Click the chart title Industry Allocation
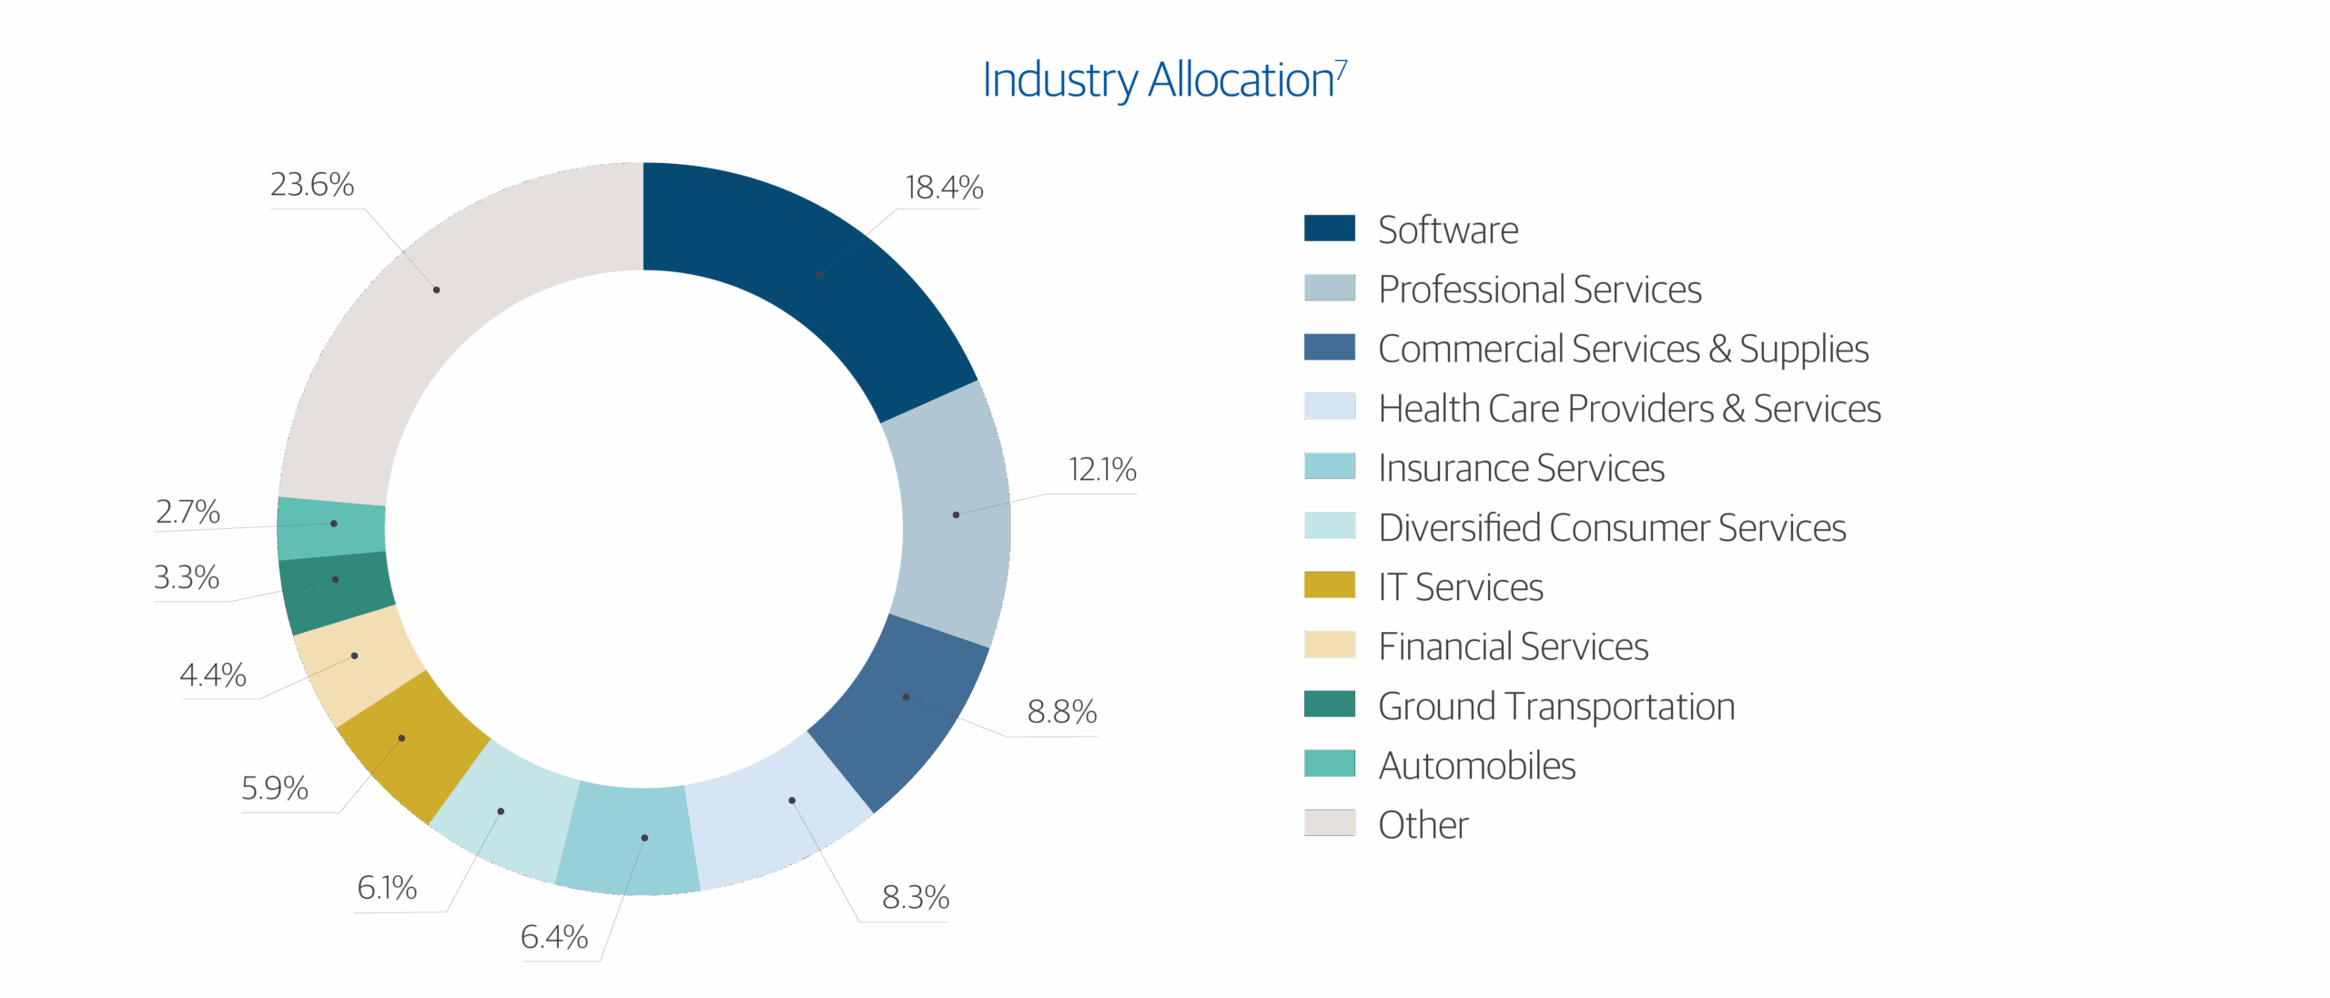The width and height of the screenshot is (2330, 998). pos(1163,81)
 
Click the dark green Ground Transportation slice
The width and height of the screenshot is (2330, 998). pos(336,592)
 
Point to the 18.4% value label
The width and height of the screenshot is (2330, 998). pos(944,188)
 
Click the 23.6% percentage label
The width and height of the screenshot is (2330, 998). pos(312,185)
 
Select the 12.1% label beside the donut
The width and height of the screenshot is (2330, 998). pos(1102,471)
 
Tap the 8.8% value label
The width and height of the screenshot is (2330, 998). pos(1061,712)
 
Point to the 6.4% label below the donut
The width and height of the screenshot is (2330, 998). pos(554,937)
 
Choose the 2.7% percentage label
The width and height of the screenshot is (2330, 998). pos(187,513)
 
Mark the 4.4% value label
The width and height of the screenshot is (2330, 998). pos(213,676)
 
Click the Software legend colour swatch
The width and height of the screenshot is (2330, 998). pos(1329,229)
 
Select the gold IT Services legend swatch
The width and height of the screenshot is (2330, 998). pos(1329,586)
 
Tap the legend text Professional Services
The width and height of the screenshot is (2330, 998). pos(1539,290)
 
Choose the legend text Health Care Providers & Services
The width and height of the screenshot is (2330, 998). pos(1629,409)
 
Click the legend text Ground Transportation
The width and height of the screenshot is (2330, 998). pos(1556,707)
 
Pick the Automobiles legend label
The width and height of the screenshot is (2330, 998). pos(1477,766)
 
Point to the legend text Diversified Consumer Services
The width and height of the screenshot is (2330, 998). pos(1612,528)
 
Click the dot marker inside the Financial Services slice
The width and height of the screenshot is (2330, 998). pos(354,656)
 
